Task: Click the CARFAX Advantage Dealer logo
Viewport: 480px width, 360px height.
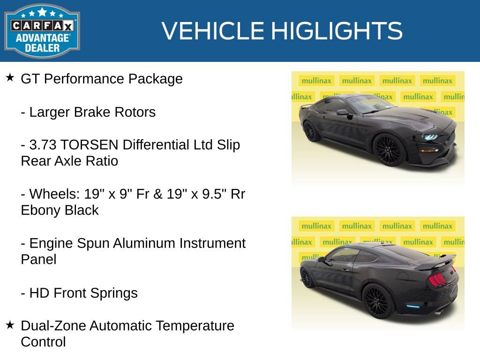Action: click(42, 30)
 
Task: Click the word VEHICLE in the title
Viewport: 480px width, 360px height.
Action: click(213, 31)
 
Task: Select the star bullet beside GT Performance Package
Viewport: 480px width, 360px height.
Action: click(10, 77)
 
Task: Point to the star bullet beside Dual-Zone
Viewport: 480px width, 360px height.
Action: click(10, 324)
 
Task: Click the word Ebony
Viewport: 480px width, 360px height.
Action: click(41, 210)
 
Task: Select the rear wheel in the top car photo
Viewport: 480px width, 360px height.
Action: click(311, 131)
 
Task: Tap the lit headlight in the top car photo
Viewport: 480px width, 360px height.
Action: click(429, 137)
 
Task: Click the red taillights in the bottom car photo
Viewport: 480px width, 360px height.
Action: click(437, 279)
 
